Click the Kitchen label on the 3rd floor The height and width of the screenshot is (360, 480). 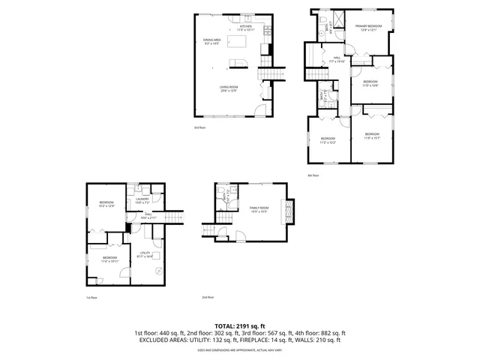[x=246, y=28]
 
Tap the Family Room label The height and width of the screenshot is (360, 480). [x=259, y=209]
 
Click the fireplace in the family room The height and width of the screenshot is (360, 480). [x=286, y=211]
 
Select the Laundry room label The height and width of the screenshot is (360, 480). [x=142, y=200]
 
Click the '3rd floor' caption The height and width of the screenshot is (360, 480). [x=199, y=127]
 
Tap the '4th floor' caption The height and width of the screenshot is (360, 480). [x=313, y=175]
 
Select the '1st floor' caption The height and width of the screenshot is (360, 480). [x=91, y=298]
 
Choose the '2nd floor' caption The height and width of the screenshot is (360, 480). [x=208, y=298]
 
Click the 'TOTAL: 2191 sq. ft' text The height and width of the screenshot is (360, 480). [x=240, y=325]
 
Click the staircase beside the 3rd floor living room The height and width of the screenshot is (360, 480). [x=274, y=73]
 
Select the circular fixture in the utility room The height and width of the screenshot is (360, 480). [x=157, y=271]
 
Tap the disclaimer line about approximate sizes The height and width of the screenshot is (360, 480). [x=240, y=349]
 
